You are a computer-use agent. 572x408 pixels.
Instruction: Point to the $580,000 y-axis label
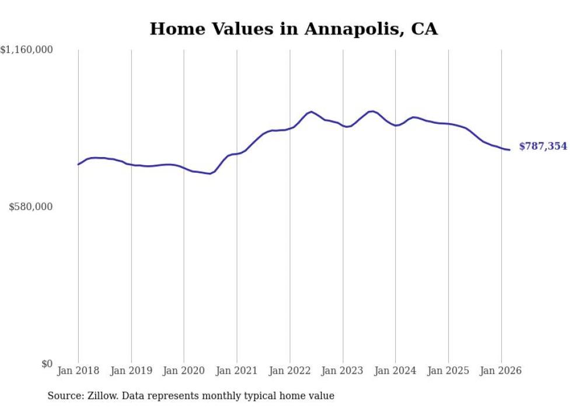coord(31,207)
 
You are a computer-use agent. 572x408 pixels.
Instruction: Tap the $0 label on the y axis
coord(47,364)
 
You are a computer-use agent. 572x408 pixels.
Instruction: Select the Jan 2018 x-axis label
coord(78,371)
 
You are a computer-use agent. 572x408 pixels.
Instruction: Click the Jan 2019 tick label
coord(131,371)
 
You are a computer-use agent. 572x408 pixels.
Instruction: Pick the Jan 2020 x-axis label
coord(184,371)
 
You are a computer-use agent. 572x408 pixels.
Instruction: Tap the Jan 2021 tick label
coord(237,371)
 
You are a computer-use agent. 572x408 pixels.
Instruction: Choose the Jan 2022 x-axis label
coord(290,371)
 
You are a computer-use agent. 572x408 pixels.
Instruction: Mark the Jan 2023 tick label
coord(343,371)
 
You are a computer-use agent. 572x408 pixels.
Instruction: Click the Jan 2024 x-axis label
coord(396,371)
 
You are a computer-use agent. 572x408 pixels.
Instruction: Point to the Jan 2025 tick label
coord(448,371)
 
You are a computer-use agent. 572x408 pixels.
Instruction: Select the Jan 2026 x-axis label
coord(501,371)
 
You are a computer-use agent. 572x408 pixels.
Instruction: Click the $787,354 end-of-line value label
coord(543,147)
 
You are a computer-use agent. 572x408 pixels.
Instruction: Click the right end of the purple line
coord(510,150)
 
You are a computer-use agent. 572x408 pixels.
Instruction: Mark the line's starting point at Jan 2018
coord(78,164)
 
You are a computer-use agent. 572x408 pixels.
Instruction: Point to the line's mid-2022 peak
coord(312,111)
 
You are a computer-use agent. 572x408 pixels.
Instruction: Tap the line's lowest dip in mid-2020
coord(210,173)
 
